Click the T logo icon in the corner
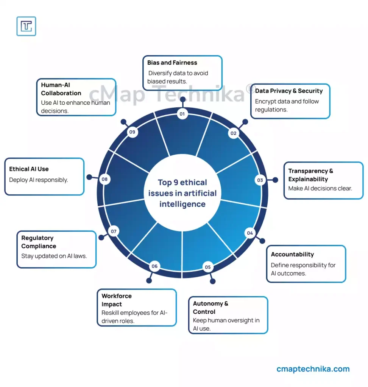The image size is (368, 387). coord(26,26)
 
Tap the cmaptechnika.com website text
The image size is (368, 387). coord(313,369)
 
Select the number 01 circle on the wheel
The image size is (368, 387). coord(182,114)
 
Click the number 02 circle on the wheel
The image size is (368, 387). coord(233,133)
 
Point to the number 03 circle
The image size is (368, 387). coord(260,180)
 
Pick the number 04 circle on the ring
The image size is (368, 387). coord(250,233)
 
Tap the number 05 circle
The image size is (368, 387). coord(207,267)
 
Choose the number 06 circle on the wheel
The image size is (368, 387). coord(154,266)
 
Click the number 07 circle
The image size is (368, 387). coord(113,231)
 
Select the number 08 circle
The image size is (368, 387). coord(104,179)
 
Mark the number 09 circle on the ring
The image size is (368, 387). coord(132,132)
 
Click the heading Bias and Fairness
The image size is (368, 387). coord(172,63)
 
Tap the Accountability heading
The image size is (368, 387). coord(292,254)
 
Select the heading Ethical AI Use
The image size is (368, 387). coord(29,169)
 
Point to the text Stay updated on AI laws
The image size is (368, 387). coord(54,256)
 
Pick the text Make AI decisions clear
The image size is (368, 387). coord(320,188)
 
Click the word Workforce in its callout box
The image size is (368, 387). coord(117,296)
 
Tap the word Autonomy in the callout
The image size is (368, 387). coord(208,303)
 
